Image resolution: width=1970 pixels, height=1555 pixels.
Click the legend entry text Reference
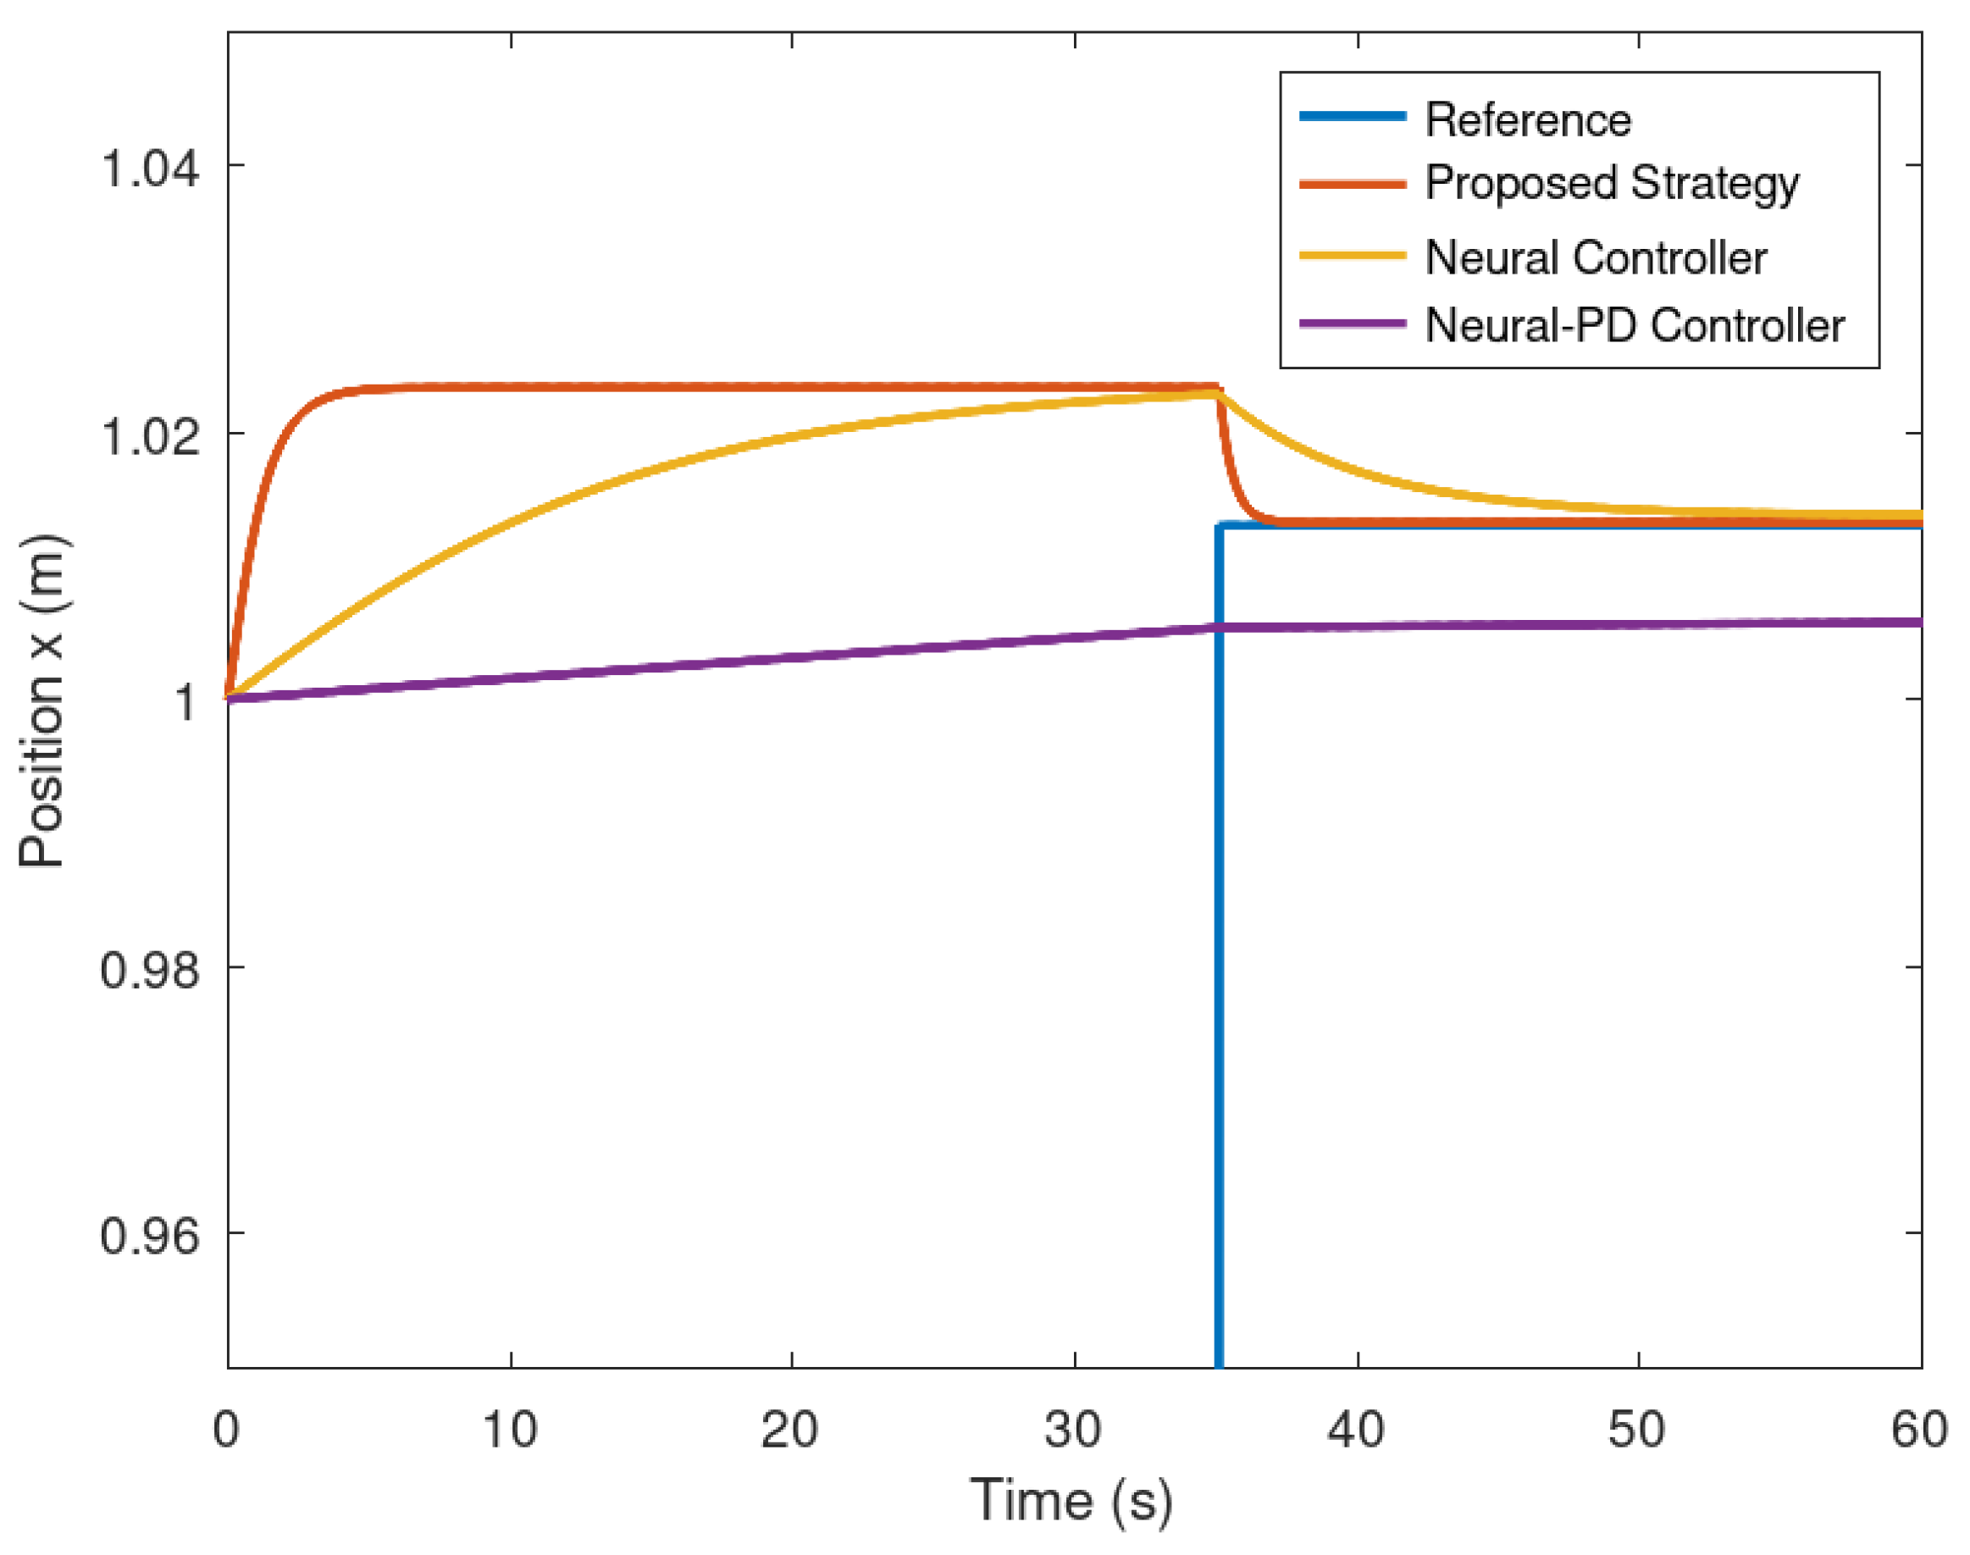(x=1528, y=120)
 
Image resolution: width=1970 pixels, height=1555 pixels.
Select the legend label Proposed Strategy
(x=1612, y=184)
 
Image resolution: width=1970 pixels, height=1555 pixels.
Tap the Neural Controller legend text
(x=1595, y=257)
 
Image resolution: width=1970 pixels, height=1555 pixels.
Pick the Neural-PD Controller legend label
(x=1634, y=325)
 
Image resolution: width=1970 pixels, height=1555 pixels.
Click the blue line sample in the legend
(x=1352, y=116)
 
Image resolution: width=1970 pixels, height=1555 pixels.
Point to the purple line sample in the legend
(x=1352, y=324)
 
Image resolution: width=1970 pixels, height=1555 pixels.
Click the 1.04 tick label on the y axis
(x=149, y=169)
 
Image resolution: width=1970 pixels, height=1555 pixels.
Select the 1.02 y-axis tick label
(x=149, y=435)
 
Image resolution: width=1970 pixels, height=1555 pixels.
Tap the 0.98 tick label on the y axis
(x=149, y=969)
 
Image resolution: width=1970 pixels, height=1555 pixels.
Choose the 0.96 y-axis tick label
(x=149, y=1236)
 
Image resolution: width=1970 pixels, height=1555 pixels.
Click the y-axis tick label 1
(x=185, y=702)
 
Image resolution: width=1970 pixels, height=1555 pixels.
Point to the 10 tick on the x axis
(x=510, y=1430)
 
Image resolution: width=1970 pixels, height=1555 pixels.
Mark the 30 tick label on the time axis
(x=1072, y=1430)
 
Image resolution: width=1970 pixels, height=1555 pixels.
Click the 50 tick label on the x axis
(x=1636, y=1430)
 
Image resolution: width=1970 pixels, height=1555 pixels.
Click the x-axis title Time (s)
(x=1071, y=1499)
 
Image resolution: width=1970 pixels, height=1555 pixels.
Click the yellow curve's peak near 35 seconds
(x=1215, y=393)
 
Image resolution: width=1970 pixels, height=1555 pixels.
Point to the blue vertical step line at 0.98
(x=1219, y=967)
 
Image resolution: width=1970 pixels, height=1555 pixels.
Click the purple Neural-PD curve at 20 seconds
(x=791, y=657)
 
